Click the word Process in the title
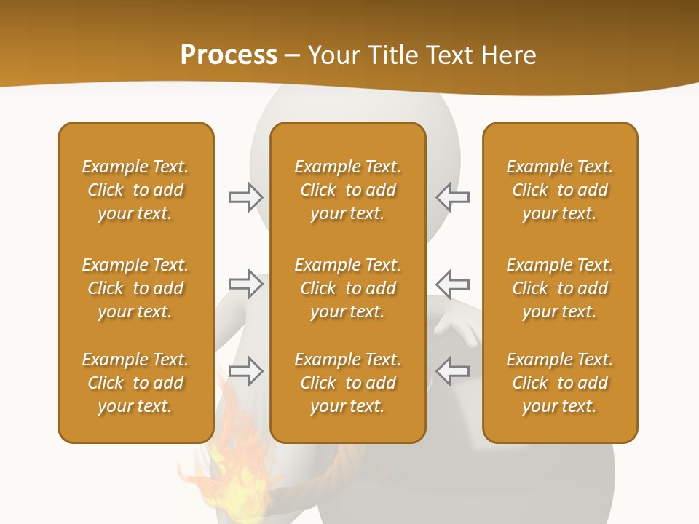coord(229,55)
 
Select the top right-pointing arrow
coord(245,196)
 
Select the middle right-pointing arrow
coord(245,283)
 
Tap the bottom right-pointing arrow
coord(245,371)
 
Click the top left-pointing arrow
coord(452,196)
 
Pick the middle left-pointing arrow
coord(452,283)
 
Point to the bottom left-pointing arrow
coord(452,371)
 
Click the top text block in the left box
coord(135,190)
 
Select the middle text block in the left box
coord(135,288)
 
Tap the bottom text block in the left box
coord(135,383)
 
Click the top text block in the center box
coord(347,190)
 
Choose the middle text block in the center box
coord(347,288)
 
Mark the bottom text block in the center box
coord(347,383)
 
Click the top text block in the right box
coord(559,190)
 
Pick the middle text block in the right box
coord(559,288)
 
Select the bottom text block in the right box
coord(559,383)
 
